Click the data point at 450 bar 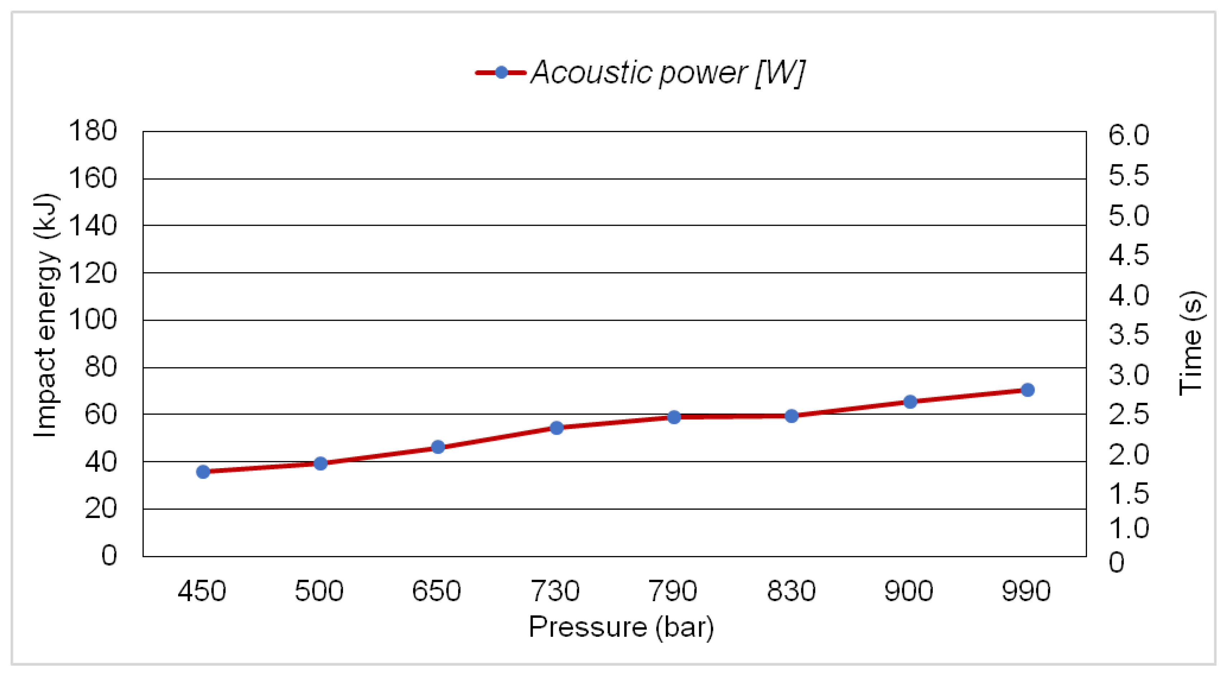point(203,471)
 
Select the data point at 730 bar point(556,428)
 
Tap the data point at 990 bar point(1027,390)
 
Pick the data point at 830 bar point(791,416)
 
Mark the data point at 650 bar point(438,447)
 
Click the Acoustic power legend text point(668,73)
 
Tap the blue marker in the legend point(501,72)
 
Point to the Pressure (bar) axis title point(621,627)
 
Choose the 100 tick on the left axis point(93,319)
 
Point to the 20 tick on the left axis point(100,508)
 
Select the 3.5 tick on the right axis point(1129,334)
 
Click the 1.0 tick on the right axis point(1129,528)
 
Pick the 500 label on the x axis point(319,591)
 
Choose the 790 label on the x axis point(673,591)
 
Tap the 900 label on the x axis point(908,591)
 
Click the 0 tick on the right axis point(1117,562)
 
